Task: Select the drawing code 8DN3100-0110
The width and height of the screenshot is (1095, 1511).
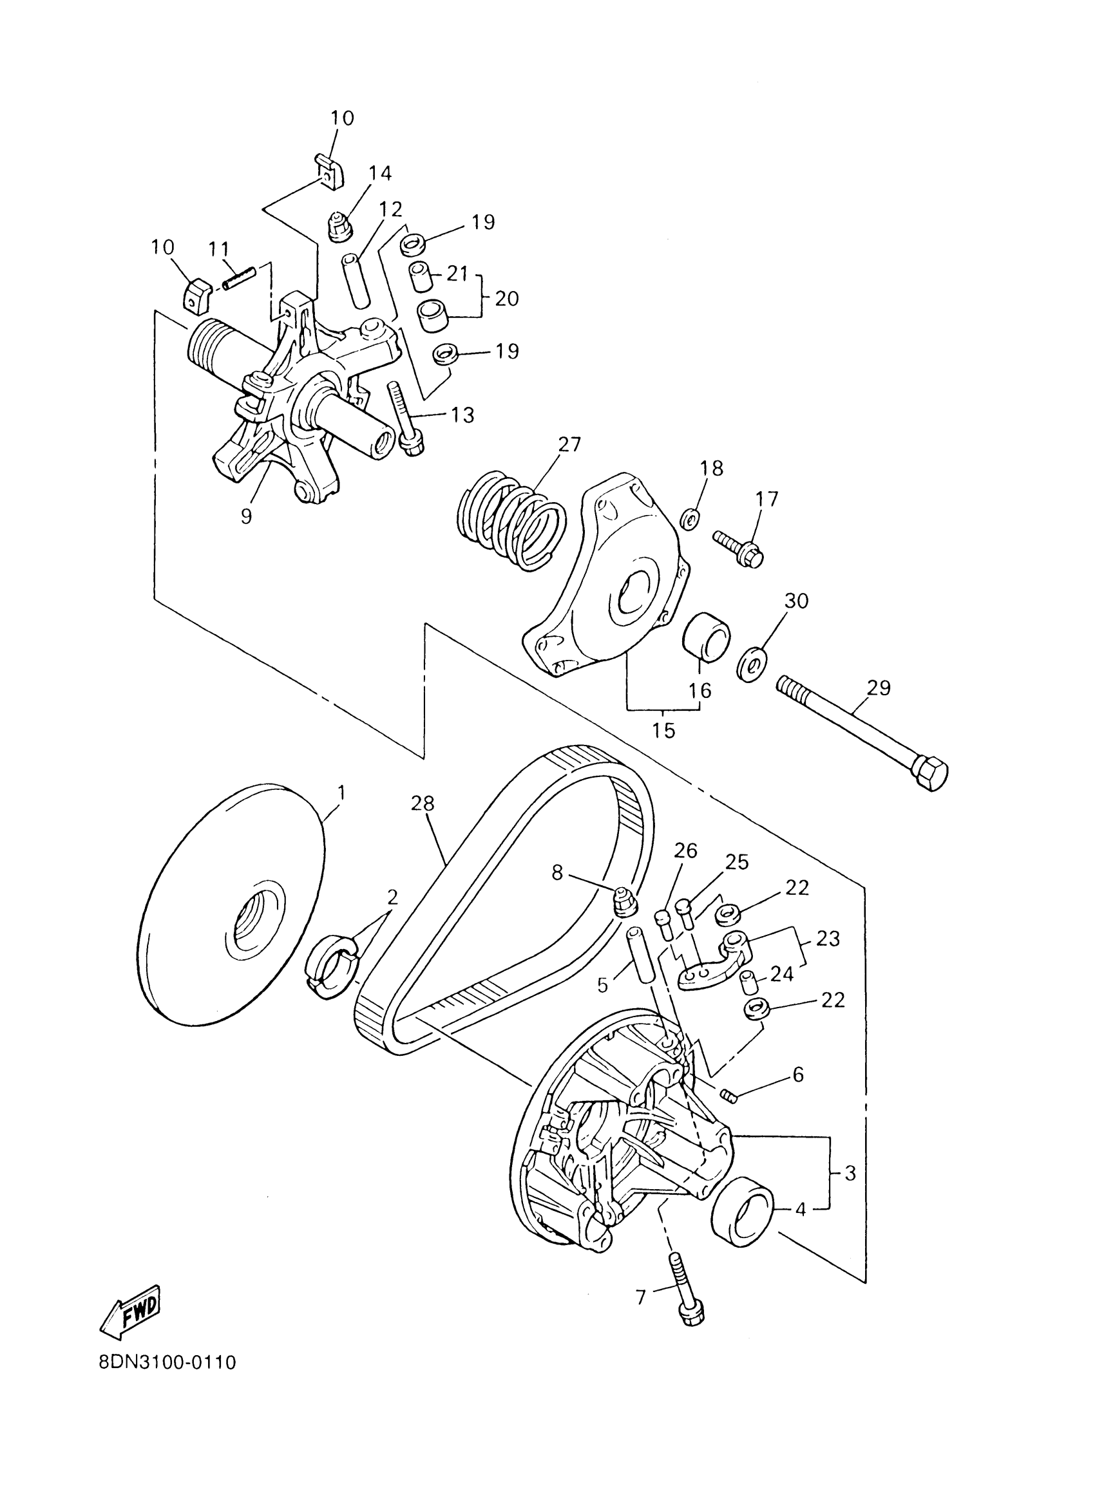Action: tap(167, 1362)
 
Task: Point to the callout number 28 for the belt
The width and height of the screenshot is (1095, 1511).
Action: tap(423, 804)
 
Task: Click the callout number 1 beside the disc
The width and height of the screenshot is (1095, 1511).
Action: tap(341, 793)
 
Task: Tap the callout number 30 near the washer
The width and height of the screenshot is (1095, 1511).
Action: tap(795, 601)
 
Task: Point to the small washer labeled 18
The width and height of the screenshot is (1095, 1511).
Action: tap(690, 518)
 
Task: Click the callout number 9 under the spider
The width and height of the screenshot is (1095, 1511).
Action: tap(247, 516)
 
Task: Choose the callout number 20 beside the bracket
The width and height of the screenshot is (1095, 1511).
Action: tap(506, 299)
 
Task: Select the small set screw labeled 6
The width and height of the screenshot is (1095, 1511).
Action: tap(728, 1094)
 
